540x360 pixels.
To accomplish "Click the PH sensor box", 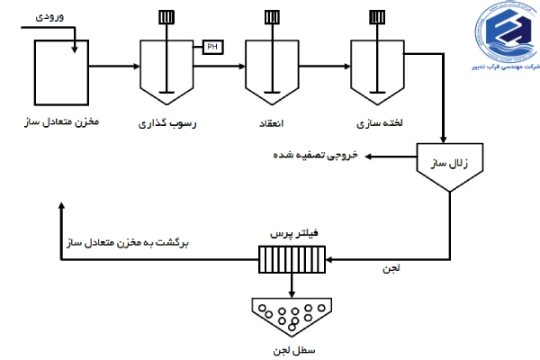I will [211, 47].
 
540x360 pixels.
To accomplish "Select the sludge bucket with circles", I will [290, 316].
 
